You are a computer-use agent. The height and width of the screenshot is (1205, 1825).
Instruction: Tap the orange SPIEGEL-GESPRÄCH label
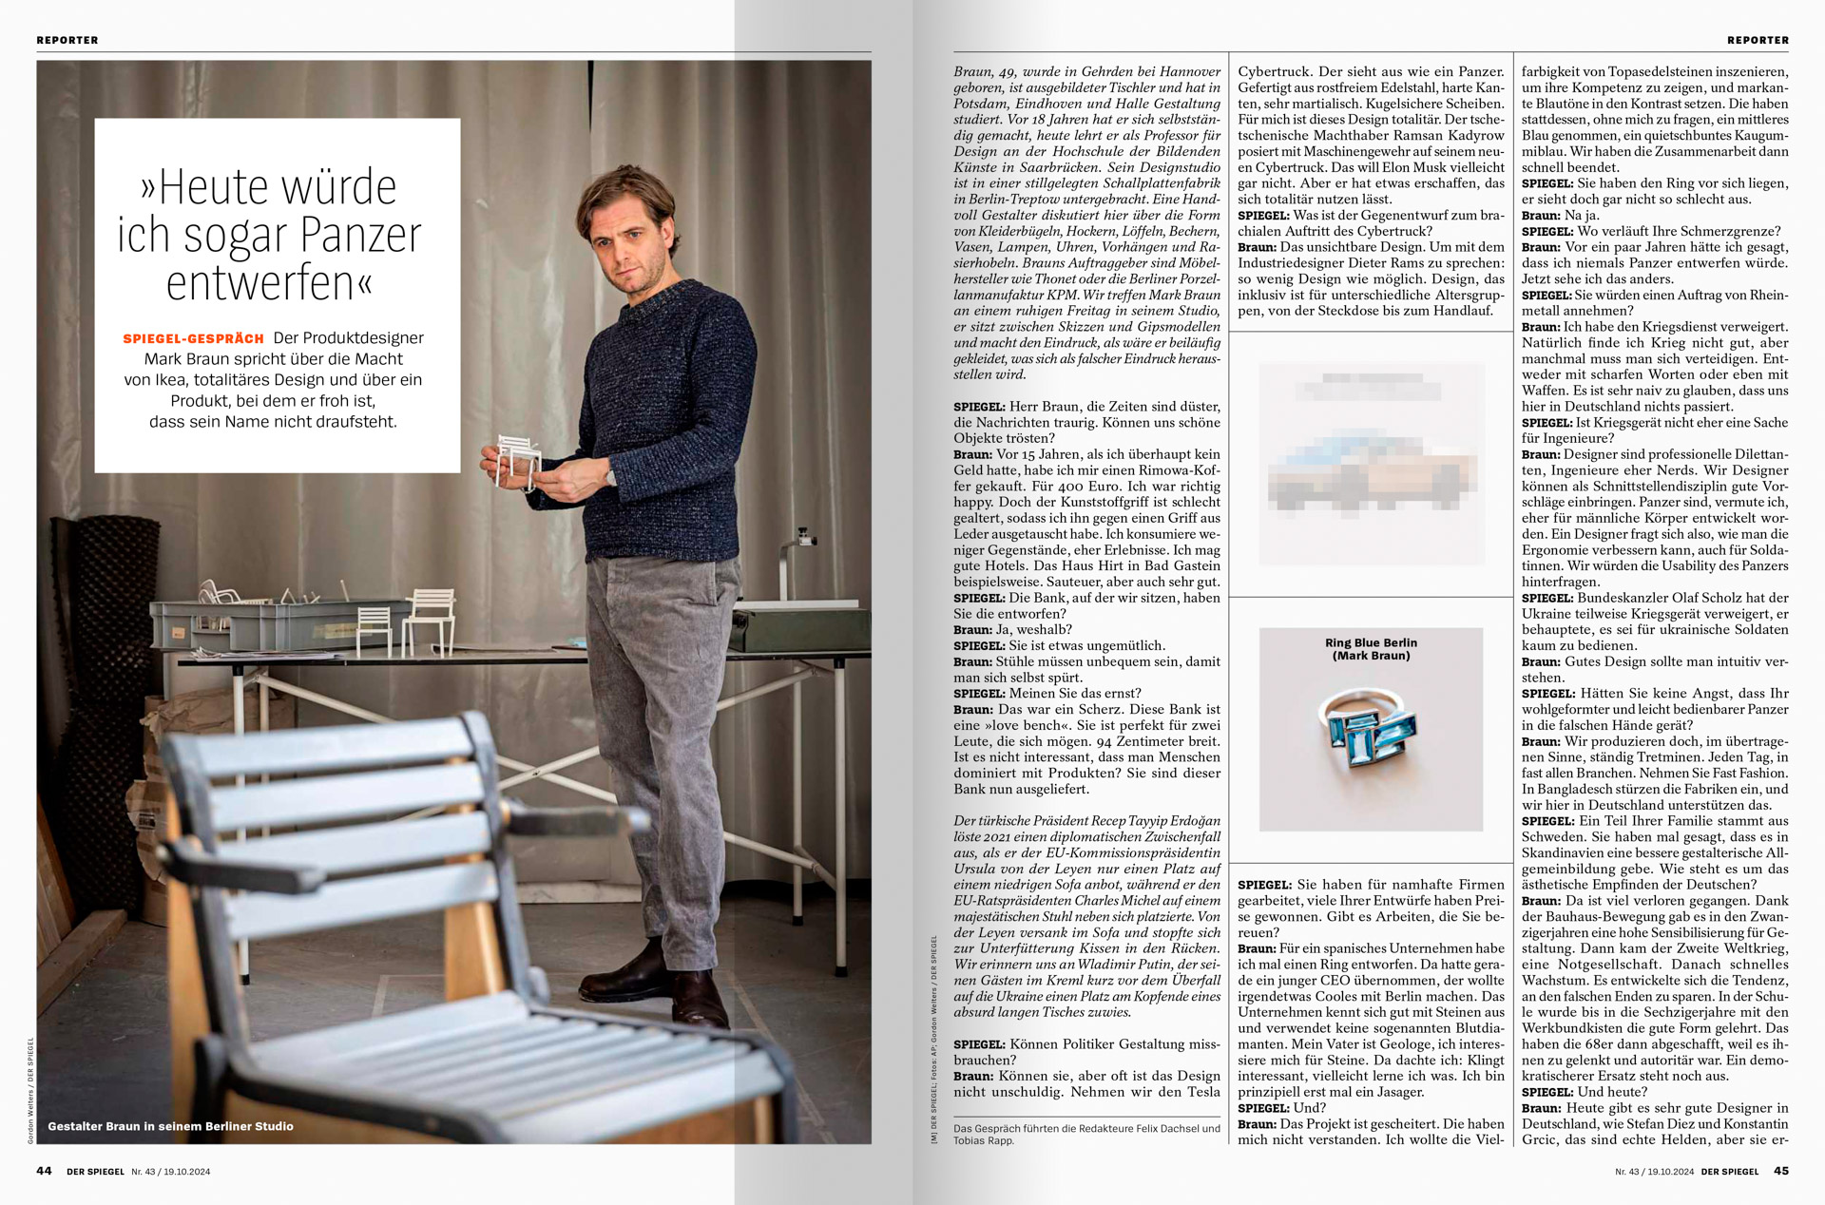point(193,339)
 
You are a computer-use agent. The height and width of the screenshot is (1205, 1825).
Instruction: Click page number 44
point(44,1171)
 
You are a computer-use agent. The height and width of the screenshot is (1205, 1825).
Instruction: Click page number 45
point(1780,1171)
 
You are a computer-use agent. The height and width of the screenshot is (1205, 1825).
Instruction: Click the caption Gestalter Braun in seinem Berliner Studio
point(170,1126)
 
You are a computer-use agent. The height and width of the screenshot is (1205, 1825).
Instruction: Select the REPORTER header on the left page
point(67,40)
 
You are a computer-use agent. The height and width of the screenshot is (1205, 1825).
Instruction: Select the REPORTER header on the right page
point(1758,40)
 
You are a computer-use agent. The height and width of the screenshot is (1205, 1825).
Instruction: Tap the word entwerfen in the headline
point(270,283)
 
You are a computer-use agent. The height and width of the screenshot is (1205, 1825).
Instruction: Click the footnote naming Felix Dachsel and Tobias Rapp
point(1086,1134)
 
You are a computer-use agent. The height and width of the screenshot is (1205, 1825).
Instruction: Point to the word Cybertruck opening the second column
point(1274,71)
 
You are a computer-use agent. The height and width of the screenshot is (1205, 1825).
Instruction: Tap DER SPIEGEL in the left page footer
point(95,1172)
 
